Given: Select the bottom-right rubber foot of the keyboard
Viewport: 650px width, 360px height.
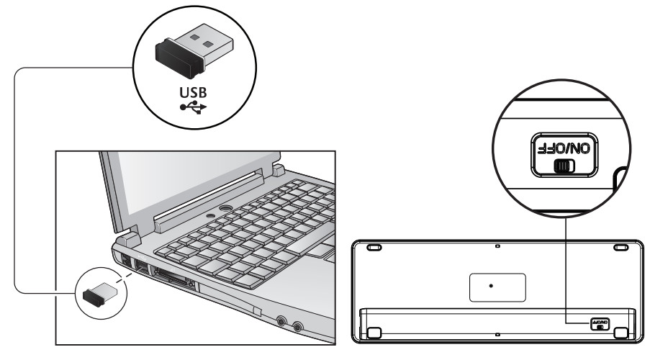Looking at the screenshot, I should [620, 333].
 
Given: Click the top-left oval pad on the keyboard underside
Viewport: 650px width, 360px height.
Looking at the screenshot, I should [374, 248].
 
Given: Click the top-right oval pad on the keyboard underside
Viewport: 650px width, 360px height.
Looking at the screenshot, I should [620, 248].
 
